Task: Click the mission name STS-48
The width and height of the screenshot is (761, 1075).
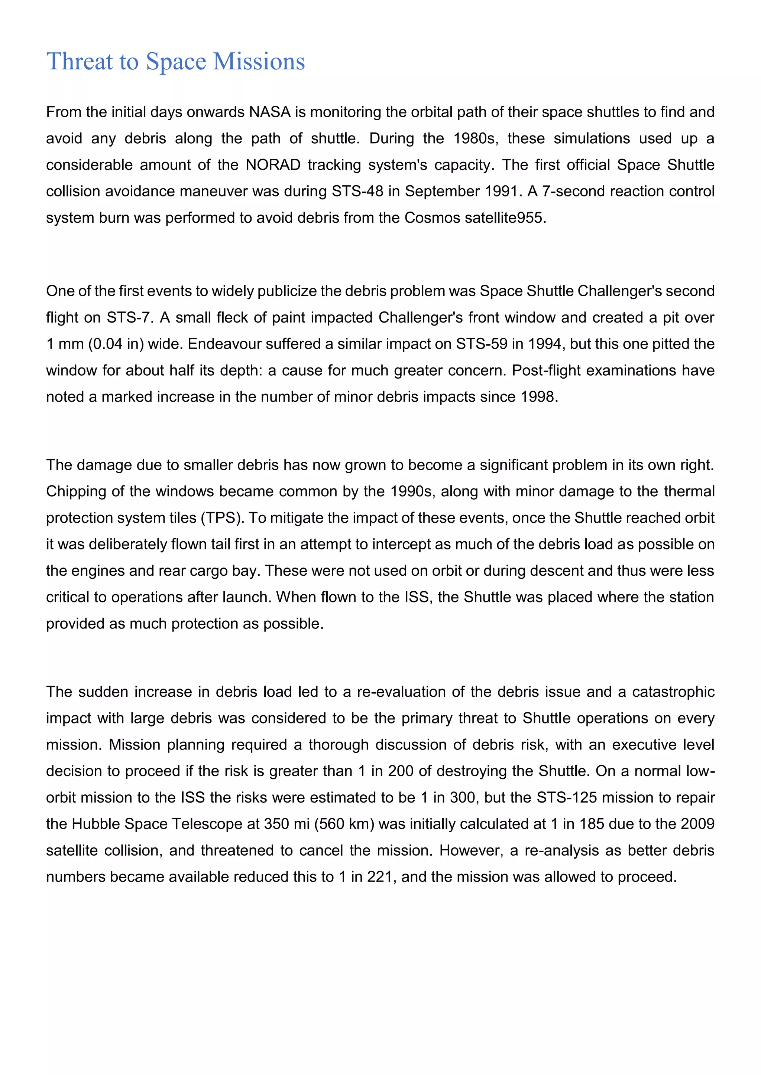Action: (357, 192)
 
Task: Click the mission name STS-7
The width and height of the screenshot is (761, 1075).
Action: (129, 318)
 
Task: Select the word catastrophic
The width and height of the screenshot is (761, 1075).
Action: (673, 692)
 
